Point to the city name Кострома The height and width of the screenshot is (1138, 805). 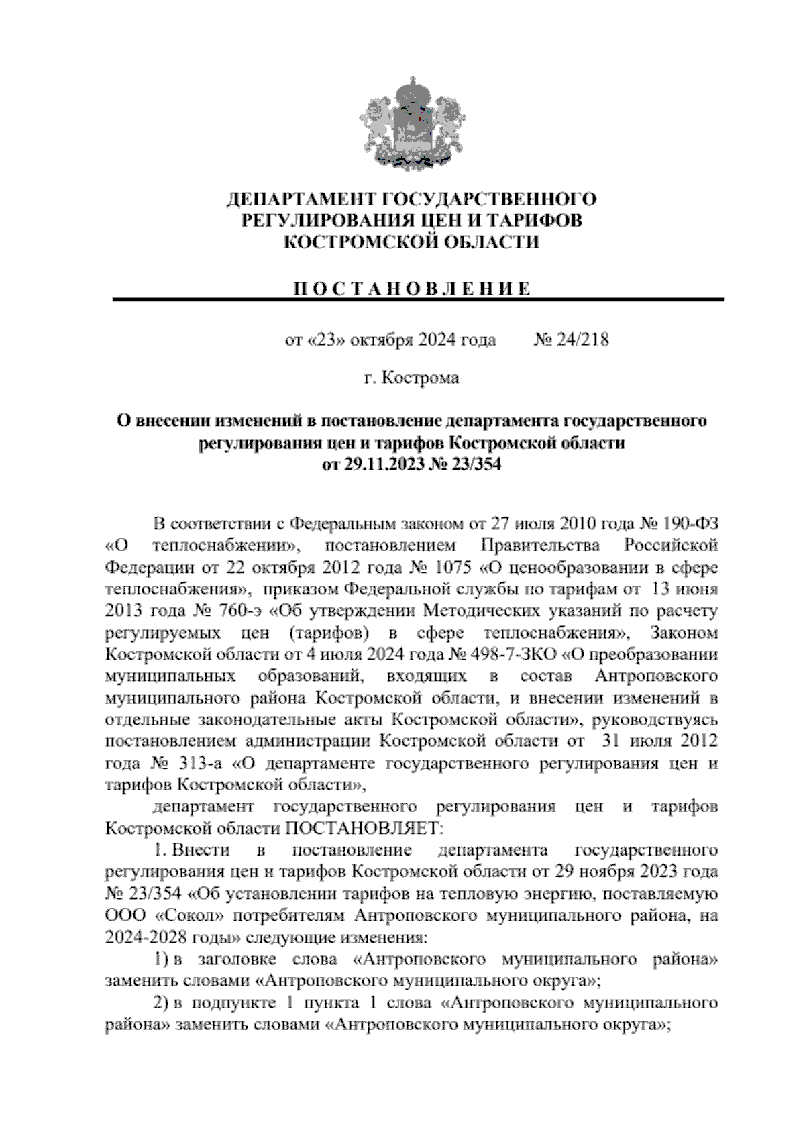pos(421,378)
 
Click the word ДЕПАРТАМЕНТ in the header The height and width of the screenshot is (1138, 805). pos(301,199)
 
